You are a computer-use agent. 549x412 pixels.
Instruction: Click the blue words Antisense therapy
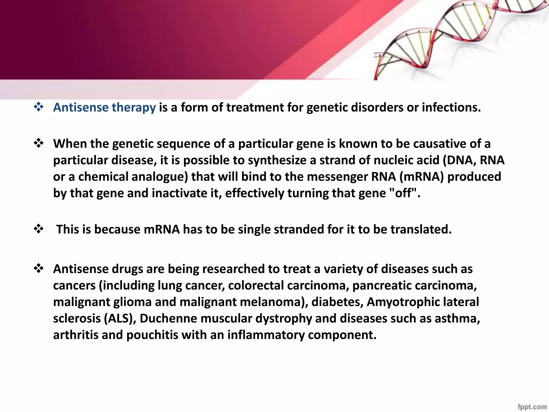tap(104, 108)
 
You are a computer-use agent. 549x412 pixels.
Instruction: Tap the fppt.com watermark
tap(532, 407)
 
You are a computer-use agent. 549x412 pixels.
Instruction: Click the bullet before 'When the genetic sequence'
tap(39, 144)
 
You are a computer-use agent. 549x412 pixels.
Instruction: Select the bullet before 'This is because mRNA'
tap(39, 229)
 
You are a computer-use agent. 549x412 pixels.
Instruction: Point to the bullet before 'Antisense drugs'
tap(39, 268)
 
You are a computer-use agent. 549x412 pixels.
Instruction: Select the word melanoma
tap(273, 302)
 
